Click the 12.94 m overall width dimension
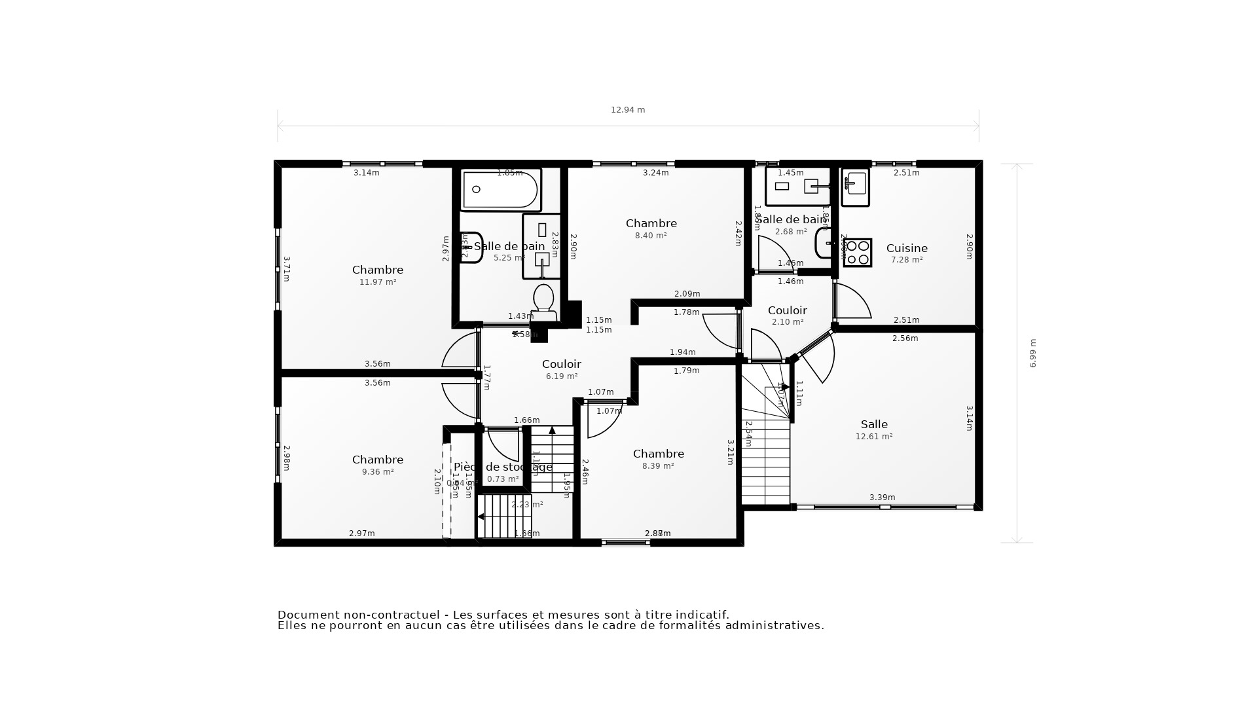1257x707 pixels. [628, 110]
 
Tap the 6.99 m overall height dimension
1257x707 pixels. [1032, 353]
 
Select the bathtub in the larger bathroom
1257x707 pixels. [501, 190]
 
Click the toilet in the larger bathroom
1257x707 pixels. [543, 302]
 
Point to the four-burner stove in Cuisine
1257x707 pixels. [858, 253]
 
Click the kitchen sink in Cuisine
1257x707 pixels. [855, 187]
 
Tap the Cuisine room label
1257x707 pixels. [907, 248]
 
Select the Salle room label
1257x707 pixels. [874, 424]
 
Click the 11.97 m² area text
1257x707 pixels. [378, 282]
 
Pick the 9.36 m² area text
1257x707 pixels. [378, 472]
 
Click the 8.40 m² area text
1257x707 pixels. [651, 236]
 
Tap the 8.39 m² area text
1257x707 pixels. [658, 466]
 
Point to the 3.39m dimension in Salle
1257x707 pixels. [882, 498]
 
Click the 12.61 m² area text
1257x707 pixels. [874, 437]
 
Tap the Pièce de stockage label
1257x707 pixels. [503, 467]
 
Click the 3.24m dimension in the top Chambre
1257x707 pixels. [655, 173]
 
